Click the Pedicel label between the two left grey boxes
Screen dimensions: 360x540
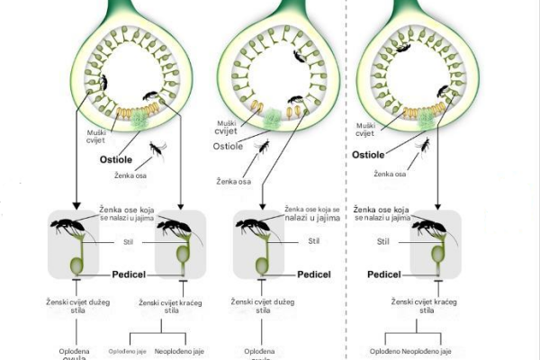click(135, 273)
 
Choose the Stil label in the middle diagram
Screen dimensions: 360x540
click(313, 240)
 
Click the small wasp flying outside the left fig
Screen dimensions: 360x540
click(157, 148)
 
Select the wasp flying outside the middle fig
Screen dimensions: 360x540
click(263, 146)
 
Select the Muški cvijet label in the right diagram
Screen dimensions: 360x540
click(365, 129)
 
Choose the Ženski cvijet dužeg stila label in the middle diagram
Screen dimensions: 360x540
click(262, 307)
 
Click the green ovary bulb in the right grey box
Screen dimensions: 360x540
click(438, 255)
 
